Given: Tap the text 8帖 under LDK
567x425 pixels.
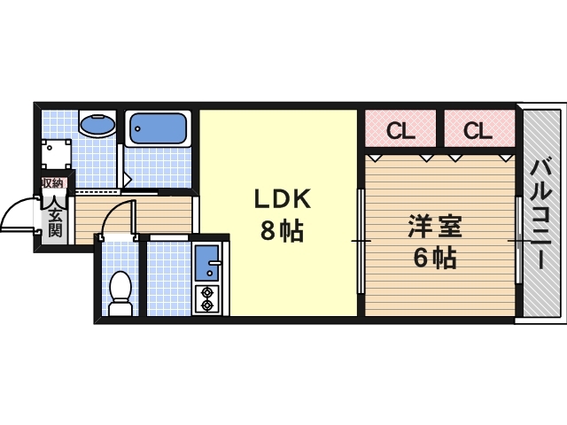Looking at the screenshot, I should click(282, 231).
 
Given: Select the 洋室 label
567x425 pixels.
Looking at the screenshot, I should click(434, 228).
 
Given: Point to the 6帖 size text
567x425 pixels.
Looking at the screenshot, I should click(434, 258).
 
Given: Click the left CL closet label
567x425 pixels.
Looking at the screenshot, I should click(400, 131).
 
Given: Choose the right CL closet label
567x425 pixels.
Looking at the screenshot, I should click(477, 131).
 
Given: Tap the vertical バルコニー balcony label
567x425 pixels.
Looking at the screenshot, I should click(541, 212).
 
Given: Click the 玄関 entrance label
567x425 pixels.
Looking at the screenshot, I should click(54, 221).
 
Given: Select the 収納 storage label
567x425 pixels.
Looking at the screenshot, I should click(51, 183).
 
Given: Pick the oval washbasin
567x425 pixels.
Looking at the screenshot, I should click(97, 127).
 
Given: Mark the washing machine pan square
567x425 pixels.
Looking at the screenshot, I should click(57, 153).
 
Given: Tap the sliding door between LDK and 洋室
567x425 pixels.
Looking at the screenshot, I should click(361, 241).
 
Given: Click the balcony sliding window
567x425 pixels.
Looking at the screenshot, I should click(518, 241).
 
